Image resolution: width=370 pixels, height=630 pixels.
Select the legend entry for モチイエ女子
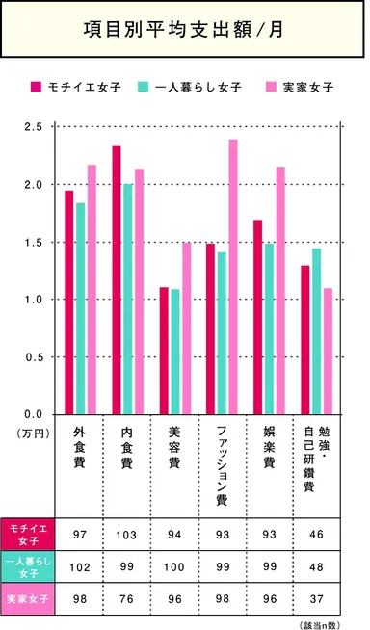79,88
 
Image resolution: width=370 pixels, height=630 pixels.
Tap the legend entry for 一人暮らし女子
184,88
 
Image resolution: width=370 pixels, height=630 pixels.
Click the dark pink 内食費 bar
117,279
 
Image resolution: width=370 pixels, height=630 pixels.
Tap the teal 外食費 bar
81,308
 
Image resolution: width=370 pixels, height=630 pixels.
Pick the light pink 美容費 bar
186,328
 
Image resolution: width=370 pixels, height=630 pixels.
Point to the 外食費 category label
80,448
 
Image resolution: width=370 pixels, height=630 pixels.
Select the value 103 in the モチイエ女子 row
126,534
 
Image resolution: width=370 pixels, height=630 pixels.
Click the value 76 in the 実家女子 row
126,599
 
